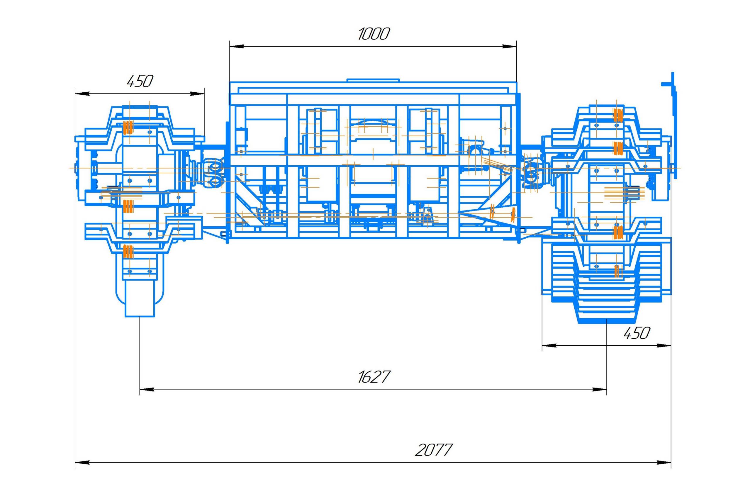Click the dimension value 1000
(x=374, y=34)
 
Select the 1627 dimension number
(x=374, y=377)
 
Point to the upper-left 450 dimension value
(x=140, y=81)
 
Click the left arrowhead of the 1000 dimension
(x=237, y=47)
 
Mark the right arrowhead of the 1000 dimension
(x=509, y=47)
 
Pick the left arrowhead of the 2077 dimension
(x=82, y=463)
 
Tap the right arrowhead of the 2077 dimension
(x=664, y=463)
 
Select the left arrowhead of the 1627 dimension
(x=147, y=390)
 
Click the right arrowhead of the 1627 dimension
(x=599, y=390)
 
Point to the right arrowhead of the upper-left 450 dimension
(x=197, y=94)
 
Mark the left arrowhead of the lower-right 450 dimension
(x=549, y=346)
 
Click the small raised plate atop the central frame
(x=373, y=80)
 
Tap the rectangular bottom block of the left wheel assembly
(x=140, y=298)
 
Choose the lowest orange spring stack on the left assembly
(x=128, y=252)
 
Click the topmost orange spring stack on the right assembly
(x=618, y=115)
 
